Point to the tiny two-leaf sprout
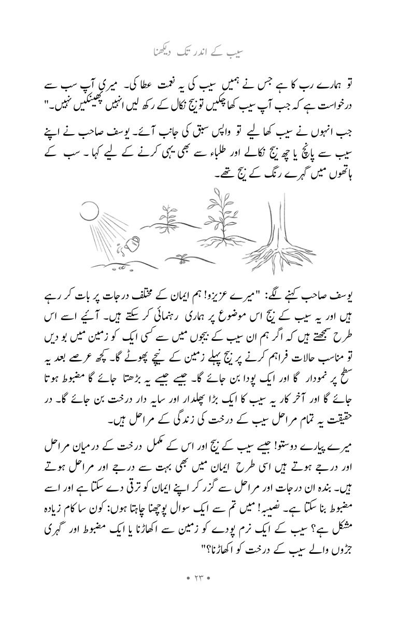pos(182,256)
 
